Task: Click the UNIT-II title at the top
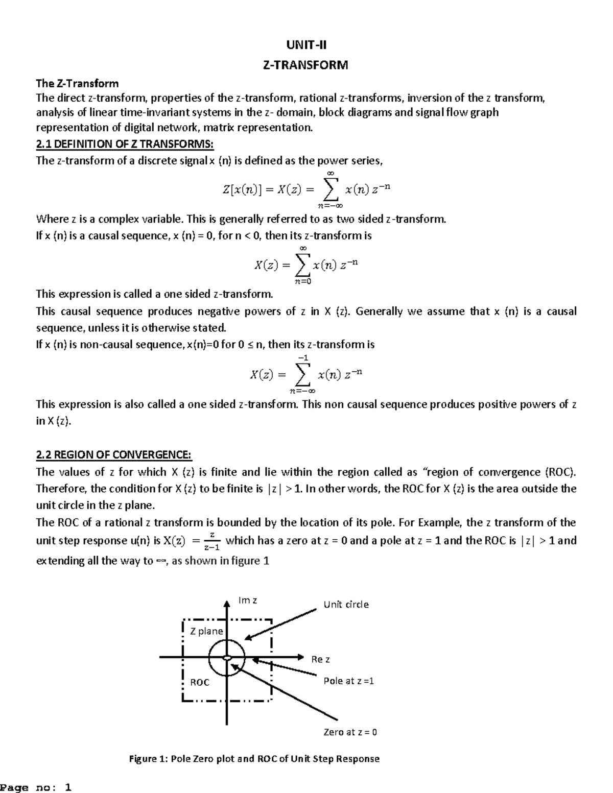coord(306,45)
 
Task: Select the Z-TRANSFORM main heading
coord(305,65)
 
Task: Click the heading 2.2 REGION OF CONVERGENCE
coord(114,455)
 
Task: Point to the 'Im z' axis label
coord(248,600)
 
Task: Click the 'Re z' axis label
coord(321,659)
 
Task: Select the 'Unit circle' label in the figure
coord(346,605)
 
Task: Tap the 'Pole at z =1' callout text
coord(349,681)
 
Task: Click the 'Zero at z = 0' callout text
coord(350,732)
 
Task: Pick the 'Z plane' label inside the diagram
coord(206,631)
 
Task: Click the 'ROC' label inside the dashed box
coord(200,683)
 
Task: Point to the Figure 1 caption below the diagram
coord(254,759)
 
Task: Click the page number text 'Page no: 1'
coord(36,787)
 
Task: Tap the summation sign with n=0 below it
coord(302,265)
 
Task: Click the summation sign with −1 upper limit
coord(302,375)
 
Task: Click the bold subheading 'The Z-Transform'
coord(77,83)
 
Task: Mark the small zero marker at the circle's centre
coord(227,658)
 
